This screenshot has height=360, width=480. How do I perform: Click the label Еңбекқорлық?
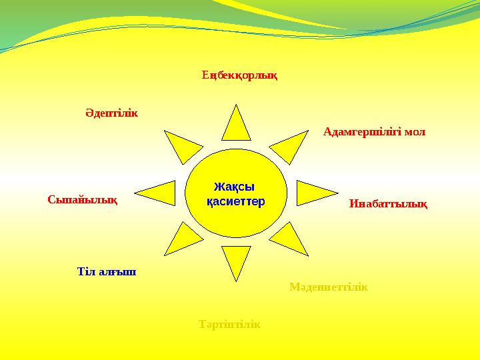(239, 75)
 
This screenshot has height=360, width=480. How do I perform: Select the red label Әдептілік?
(111, 113)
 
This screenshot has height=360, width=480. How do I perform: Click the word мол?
(415, 132)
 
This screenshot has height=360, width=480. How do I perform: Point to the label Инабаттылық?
(388, 204)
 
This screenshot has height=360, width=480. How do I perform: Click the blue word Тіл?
(87, 272)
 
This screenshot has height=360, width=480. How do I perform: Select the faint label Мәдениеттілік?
(329, 287)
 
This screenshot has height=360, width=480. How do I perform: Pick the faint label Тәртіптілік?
(229, 325)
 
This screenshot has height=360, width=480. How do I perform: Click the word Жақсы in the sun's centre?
(234, 187)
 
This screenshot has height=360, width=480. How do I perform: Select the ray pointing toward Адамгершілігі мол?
(287, 147)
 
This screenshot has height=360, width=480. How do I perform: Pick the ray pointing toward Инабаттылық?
(308, 192)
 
